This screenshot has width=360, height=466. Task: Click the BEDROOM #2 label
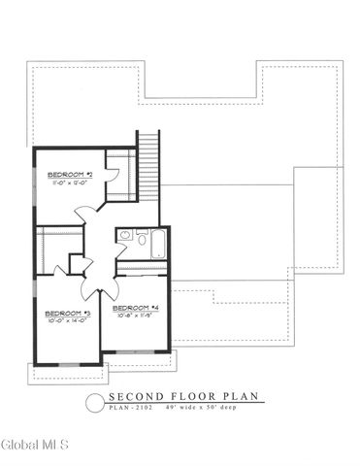(x=70, y=174)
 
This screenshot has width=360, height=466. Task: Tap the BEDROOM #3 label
(x=68, y=314)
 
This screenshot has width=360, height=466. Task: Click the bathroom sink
(x=124, y=236)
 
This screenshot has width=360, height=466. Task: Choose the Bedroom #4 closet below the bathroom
(x=141, y=269)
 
